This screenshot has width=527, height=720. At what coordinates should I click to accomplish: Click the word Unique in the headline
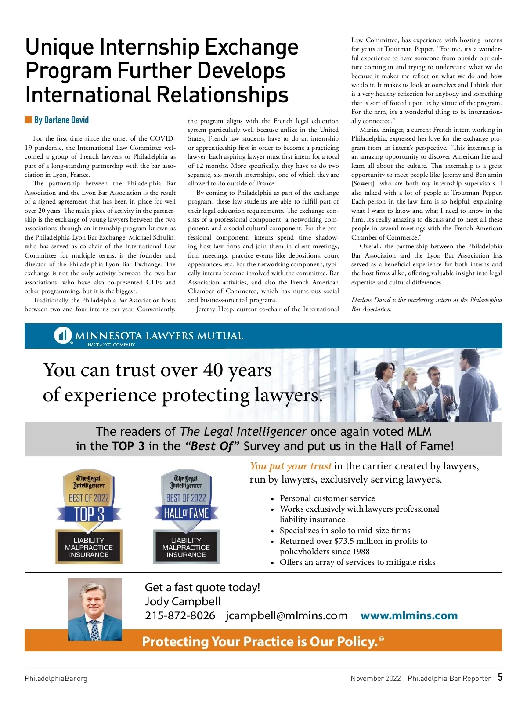pyautogui.click(x=59, y=47)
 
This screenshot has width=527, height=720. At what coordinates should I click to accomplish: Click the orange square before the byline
pyautogui.click(x=29, y=120)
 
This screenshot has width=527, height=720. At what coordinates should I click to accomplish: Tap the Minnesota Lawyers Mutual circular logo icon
pyautogui.click(x=62, y=335)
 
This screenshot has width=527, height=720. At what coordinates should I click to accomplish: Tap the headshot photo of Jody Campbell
pyautogui.click(x=95, y=609)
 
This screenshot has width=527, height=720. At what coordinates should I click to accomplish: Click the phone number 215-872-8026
pyautogui.click(x=180, y=616)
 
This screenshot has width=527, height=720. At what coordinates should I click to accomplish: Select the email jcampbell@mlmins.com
pyautogui.click(x=286, y=616)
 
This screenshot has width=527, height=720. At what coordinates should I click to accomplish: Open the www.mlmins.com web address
pyautogui.click(x=409, y=616)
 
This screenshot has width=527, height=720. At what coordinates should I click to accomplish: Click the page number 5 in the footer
pyautogui.click(x=500, y=677)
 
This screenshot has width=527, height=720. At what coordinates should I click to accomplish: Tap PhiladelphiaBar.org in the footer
pyautogui.click(x=56, y=678)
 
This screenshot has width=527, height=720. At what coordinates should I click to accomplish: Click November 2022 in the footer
pyautogui.click(x=375, y=678)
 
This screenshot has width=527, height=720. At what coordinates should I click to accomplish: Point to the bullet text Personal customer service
pyautogui.click(x=327, y=498)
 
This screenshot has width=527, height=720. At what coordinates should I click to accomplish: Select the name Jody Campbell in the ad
pyautogui.click(x=183, y=601)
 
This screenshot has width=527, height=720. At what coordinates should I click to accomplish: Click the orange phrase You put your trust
pyautogui.click(x=290, y=466)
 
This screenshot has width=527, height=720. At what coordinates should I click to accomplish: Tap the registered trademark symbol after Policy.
pyautogui.click(x=381, y=639)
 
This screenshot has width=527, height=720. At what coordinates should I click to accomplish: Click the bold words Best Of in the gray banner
pyautogui.click(x=213, y=446)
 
